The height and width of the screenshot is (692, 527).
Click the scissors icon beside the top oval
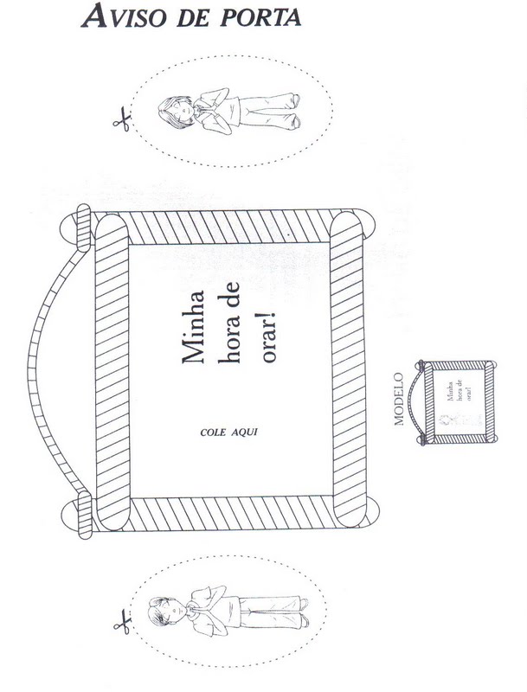click(x=120, y=119)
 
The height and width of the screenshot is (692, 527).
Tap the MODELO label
click(x=400, y=400)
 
